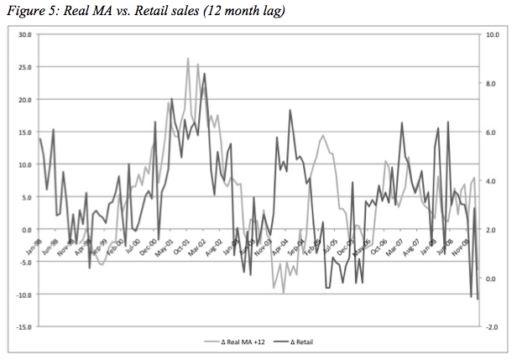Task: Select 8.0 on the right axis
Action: pyautogui.click(x=493, y=84)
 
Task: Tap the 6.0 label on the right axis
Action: pyautogui.click(x=493, y=133)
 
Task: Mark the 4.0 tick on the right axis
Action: pyautogui.click(x=493, y=181)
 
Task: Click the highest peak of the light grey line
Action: pyautogui.click(x=188, y=58)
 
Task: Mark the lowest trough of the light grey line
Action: pyautogui.click(x=284, y=292)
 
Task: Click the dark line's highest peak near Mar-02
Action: pyautogui.click(x=204, y=74)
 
